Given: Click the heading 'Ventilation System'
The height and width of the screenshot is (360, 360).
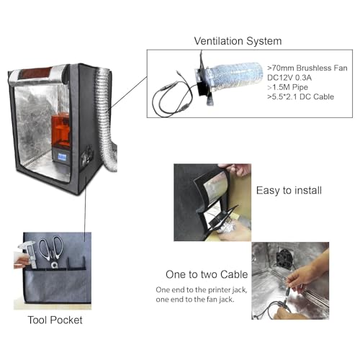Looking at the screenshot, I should pos(238,41).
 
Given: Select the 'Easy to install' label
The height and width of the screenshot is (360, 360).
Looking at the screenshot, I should pos(289,191).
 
